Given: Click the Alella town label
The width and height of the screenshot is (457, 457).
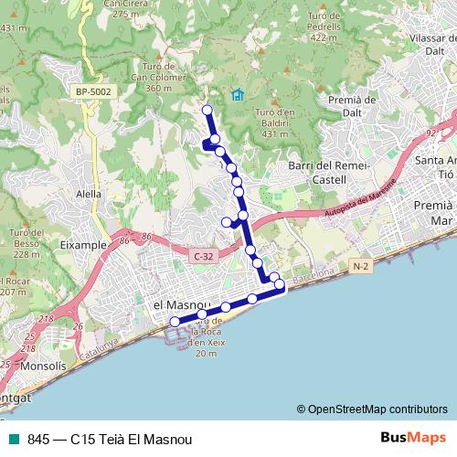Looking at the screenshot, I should (89, 194).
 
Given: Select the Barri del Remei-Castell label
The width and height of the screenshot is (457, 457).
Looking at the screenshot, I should (327, 173).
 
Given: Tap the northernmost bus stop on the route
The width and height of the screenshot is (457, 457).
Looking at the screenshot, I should (207, 111).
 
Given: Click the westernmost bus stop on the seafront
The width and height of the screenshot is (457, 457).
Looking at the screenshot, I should (175, 321).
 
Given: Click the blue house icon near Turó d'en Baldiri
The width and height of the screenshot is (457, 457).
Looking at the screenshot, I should (238, 94).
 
